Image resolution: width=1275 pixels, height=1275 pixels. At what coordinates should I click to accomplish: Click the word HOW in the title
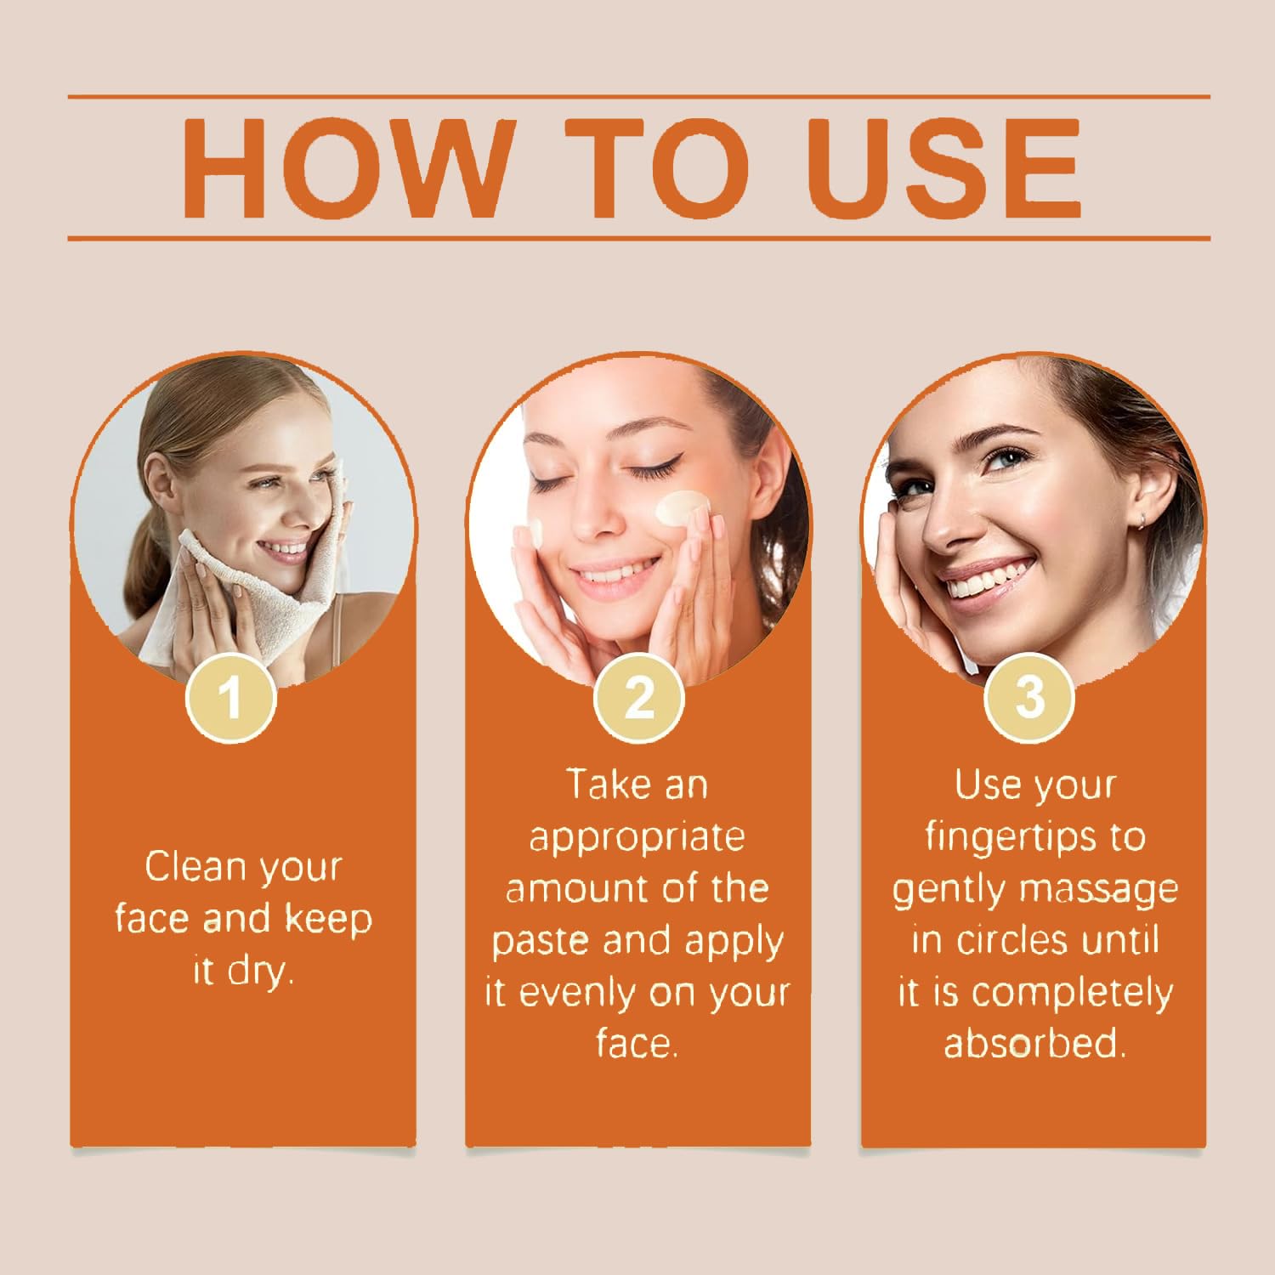(349, 167)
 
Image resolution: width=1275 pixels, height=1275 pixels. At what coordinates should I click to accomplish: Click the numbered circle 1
(230, 698)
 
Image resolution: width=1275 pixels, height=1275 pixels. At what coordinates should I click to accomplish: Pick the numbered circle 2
(638, 698)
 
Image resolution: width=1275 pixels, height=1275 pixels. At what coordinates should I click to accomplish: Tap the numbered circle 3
(1029, 698)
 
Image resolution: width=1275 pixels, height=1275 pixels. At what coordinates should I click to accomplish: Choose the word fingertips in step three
(1011, 837)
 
